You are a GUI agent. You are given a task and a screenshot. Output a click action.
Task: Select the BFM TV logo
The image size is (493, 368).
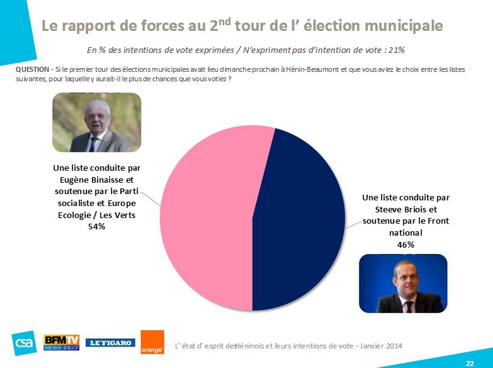[x=61, y=342]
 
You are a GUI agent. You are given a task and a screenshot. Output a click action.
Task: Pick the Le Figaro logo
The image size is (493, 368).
[x=110, y=343]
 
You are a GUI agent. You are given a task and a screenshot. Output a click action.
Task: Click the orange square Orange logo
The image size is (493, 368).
[x=152, y=342]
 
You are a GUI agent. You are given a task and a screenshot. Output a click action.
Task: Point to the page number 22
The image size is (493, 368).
[x=470, y=364]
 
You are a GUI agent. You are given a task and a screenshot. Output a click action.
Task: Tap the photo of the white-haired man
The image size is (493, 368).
[x=96, y=123]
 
